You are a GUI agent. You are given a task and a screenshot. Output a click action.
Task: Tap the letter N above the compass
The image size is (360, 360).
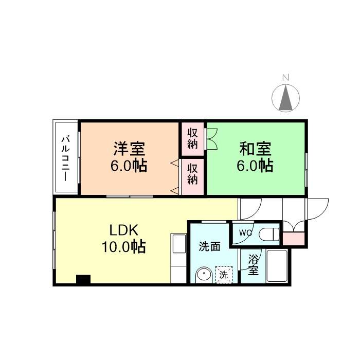tap(286, 78)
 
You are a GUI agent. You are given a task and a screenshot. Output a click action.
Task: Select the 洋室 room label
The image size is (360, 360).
tap(129, 149)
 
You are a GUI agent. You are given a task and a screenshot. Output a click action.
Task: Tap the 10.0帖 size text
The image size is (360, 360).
tap(124, 247)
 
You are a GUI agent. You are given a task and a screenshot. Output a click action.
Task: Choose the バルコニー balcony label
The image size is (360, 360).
tap(66, 157)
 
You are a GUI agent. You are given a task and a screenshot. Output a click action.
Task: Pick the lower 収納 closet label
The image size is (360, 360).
tap(192, 174)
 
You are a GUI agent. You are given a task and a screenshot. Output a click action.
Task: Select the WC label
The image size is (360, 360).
tap(245, 232)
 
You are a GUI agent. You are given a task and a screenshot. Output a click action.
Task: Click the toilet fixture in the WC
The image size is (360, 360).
tap(269, 235)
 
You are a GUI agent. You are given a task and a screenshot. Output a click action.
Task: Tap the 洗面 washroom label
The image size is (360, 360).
tap(209, 246)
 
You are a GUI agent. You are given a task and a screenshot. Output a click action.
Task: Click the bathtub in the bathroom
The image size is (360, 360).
tap(277, 266)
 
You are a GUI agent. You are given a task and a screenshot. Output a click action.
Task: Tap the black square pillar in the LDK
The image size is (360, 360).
tap(83, 280)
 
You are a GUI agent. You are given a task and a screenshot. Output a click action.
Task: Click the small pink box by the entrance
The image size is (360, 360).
tap(294, 238)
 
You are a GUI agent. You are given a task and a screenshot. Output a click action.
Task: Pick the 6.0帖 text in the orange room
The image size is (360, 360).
tap(129, 166)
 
